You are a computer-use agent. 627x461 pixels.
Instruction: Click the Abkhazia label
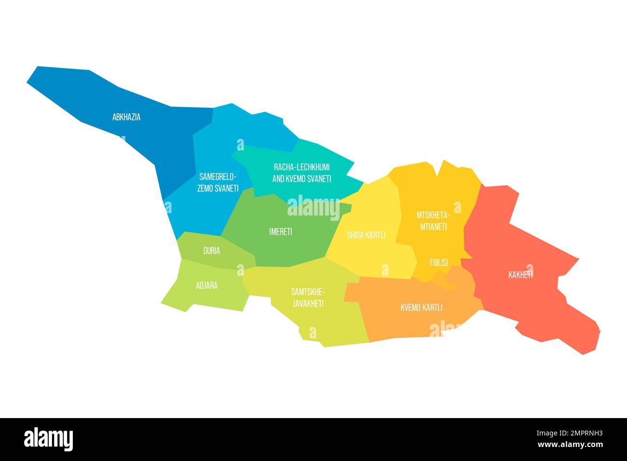pos(126,117)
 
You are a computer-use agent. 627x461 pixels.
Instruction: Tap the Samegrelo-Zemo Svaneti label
pos(218,182)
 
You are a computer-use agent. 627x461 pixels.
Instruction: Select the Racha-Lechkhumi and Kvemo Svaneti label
pos(302,173)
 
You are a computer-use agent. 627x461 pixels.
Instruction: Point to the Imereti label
pos(280,231)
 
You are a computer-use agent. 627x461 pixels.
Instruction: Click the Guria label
pos(212,251)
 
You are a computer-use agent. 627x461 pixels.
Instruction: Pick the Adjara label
pos(206,285)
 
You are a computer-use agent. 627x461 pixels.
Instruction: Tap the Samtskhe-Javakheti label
pos(307,298)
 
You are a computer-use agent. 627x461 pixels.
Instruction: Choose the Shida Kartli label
pos(366,235)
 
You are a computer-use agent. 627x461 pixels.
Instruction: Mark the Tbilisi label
pos(438,263)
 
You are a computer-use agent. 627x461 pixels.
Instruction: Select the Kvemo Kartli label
pos(422,307)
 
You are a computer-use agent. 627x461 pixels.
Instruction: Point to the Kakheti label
pos(520,275)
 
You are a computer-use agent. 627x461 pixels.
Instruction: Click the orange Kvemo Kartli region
pos(386,318)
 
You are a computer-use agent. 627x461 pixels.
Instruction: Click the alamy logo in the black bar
pos(49,439)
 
